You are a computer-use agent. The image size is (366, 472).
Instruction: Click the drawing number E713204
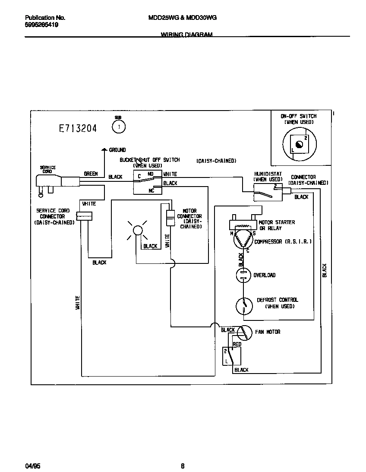click(78, 128)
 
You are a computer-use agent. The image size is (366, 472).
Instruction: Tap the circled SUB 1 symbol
click(118, 127)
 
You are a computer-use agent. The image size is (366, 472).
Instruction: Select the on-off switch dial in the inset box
click(299, 144)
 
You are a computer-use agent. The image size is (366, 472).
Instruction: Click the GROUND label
click(117, 150)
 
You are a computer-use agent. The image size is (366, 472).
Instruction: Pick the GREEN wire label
click(91, 174)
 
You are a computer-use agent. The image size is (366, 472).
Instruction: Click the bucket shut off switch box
click(147, 182)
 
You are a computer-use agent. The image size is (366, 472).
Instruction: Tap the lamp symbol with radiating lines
click(137, 230)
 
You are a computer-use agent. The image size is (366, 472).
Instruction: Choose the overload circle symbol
click(243, 275)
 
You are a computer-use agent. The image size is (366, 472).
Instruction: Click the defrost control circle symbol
click(243, 306)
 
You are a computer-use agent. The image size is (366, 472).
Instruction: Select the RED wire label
click(237, 344)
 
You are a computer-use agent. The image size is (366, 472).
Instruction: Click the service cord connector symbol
click(85, 215)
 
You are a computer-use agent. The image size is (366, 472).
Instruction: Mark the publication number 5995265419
click(41, 25)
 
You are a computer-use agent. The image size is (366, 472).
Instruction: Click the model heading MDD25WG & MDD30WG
click(182, 18)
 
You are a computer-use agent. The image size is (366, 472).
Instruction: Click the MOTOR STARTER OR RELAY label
click(277, 225)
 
